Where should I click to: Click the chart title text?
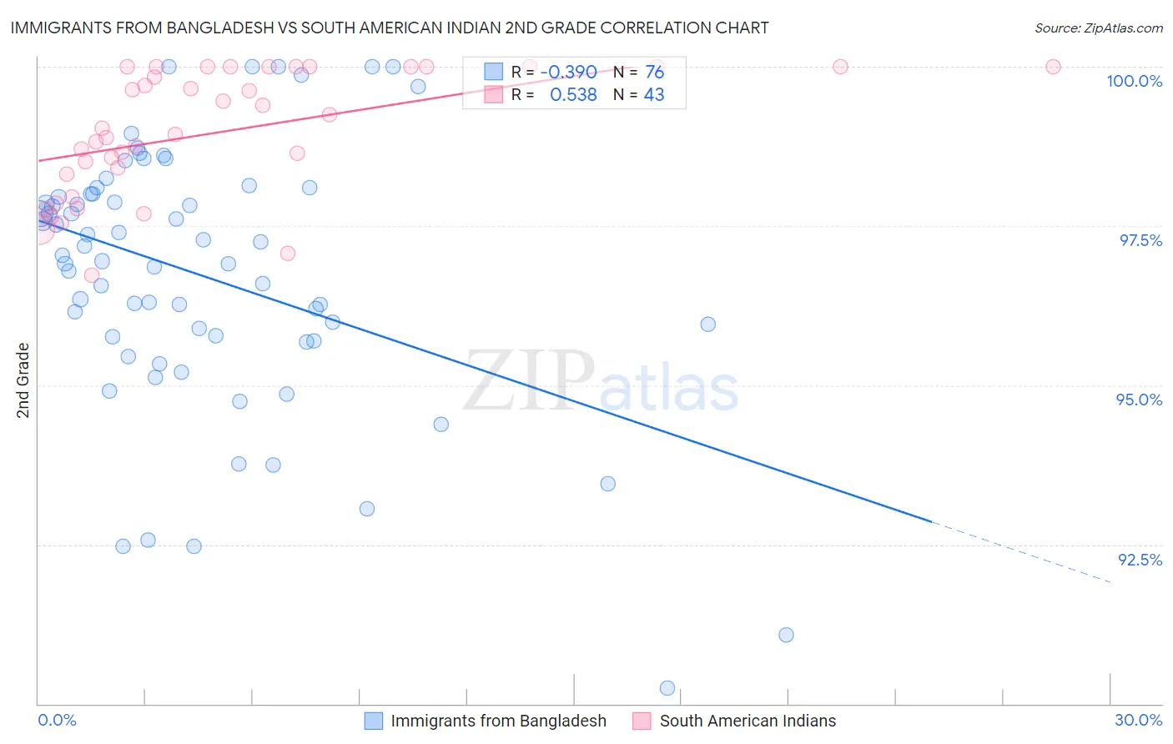click(x=390, y=28)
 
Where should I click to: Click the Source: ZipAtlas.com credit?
click(x=1098, y=28)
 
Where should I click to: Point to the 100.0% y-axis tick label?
click(x=1134, y=81)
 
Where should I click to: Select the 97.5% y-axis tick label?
click(x=1140, y=240)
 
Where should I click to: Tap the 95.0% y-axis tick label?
click(x=1139, y=400)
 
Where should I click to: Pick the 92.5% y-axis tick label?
click(x=1140, y=560)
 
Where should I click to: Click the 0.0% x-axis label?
click(x=57, y=720)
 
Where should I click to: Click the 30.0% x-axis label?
click(x=1138, y=720)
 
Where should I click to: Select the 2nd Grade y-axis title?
click(x=23, y=380)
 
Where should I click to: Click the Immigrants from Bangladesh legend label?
click(x=498, y=721)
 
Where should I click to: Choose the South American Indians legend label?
click(x=748, y=721)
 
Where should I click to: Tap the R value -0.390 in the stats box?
click(x=568, y=73)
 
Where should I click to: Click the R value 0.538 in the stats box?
click(x=573, y=95)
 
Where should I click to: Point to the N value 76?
click(x=654, y=73)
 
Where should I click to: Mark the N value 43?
click(x=654, y=95)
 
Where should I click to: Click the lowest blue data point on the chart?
click(x=667, y=688)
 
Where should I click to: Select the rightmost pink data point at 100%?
click(x=1053, y=67)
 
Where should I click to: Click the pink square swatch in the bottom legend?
click(x=642, y=721)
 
